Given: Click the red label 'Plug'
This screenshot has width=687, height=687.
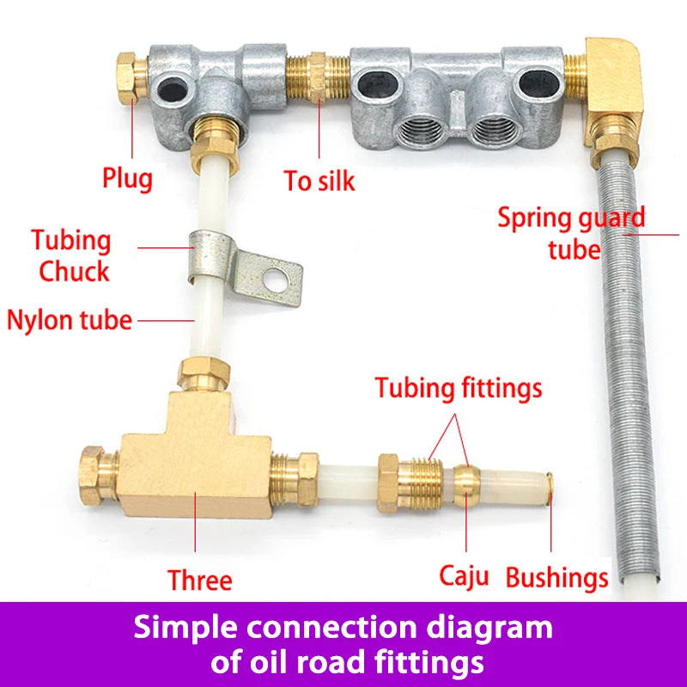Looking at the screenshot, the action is [x=127, y=179].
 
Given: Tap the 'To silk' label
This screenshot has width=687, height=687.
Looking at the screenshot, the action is [x=319, y=180].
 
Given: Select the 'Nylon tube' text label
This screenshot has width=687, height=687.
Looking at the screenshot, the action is [x=70, y=319].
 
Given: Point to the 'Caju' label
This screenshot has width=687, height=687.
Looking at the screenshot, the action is [x=464, y=576].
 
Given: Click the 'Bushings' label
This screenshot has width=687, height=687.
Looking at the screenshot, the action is [x=556, y=578].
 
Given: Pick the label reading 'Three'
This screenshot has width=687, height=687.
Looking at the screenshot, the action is [x=200, y=581].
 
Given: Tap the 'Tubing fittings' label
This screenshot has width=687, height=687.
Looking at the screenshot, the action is [x=459, y=389].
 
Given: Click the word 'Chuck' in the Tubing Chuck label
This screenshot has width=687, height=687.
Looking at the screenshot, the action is [x=74, y=271].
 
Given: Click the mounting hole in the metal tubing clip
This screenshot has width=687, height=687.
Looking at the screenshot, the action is [x=275, y=277].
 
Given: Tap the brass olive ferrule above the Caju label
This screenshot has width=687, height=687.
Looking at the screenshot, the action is [x=466, y=485].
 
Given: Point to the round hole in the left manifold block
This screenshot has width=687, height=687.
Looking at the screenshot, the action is [x=173, y=91].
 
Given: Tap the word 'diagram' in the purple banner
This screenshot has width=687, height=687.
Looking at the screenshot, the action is [x=489, y=629].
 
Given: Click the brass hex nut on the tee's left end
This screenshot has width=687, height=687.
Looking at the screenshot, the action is [x=98, y=476].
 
